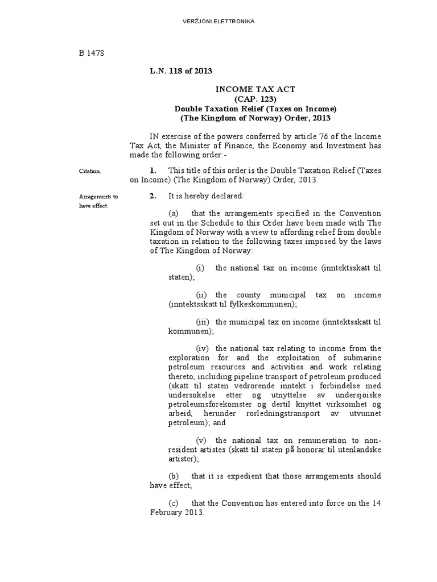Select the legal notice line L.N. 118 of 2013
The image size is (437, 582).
181,71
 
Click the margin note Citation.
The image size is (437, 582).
90,171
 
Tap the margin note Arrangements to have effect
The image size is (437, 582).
98,201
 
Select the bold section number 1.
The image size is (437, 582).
152,170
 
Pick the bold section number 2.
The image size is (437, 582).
152,196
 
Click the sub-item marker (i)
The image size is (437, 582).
200,268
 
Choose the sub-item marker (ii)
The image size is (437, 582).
201,295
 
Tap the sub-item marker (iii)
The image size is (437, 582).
203,322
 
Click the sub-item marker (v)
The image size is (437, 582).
201,440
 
